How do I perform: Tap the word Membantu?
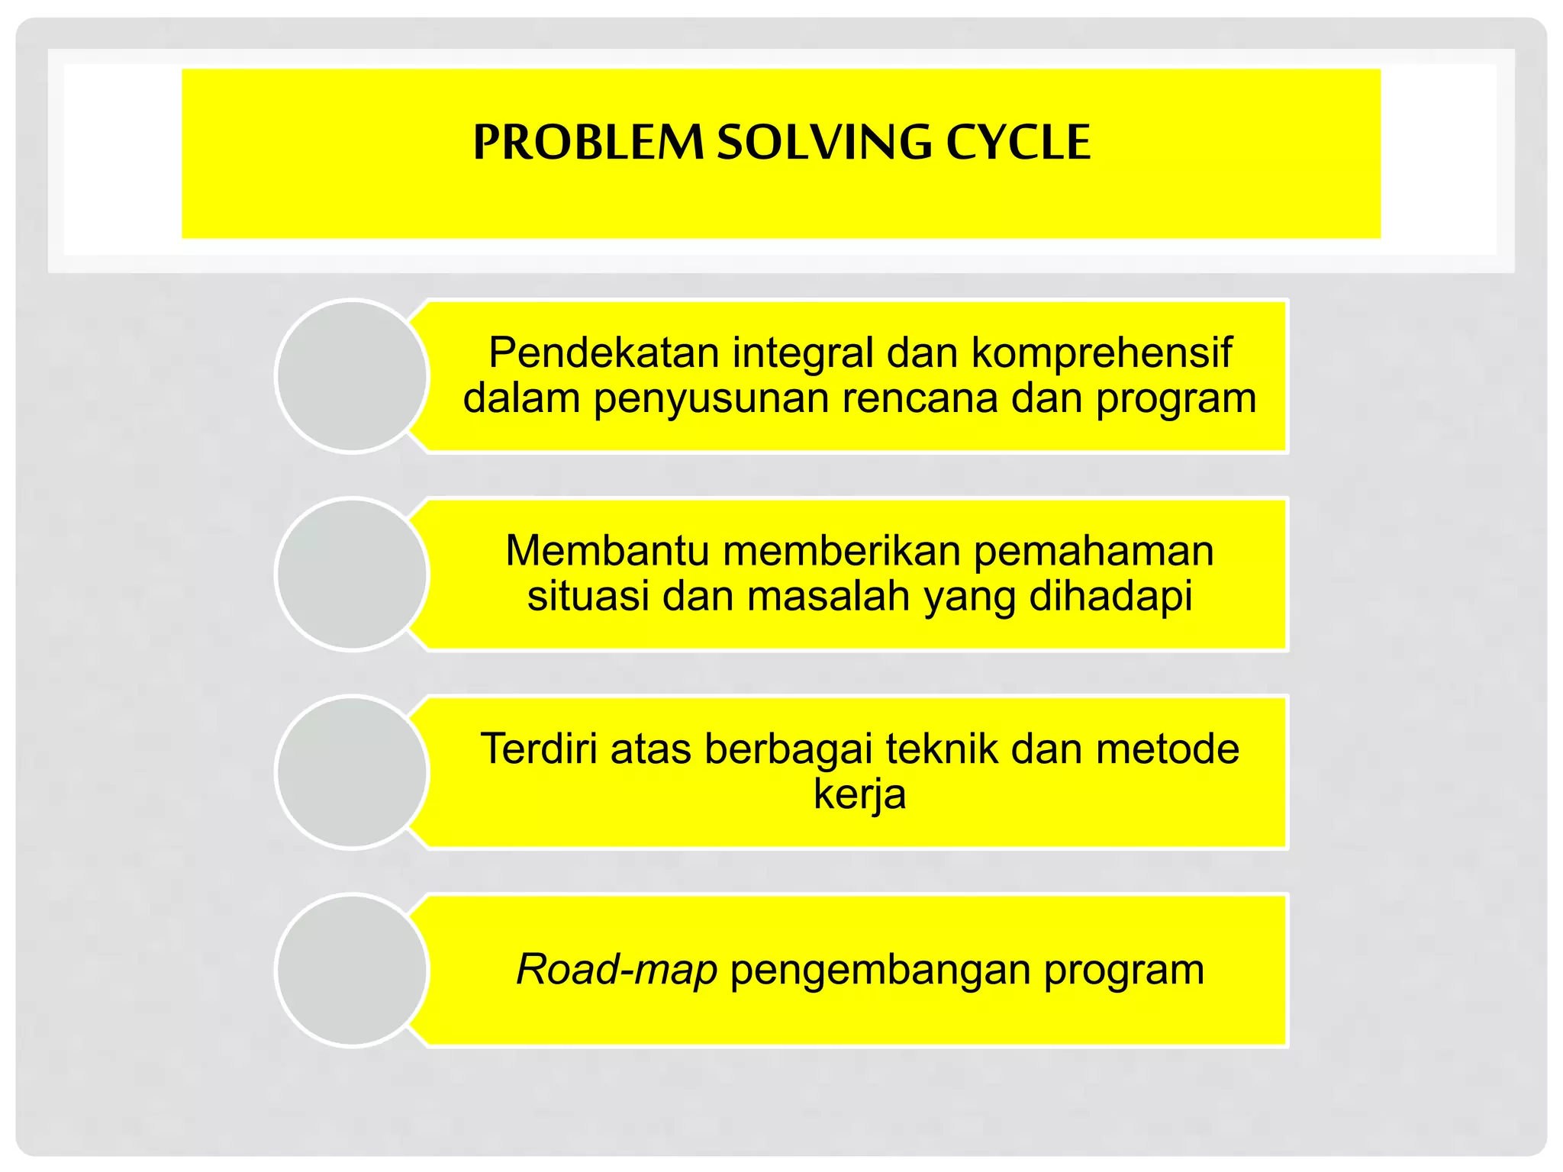point(607,550)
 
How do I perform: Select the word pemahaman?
point(1094,550)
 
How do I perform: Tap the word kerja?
point(859,794)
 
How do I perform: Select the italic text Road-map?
point(617,970)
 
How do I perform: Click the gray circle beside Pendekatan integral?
point(352,376)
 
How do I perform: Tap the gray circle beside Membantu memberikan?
point(352,574)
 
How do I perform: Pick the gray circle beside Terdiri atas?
point(352,772)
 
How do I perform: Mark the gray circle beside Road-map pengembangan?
point(352,970)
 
